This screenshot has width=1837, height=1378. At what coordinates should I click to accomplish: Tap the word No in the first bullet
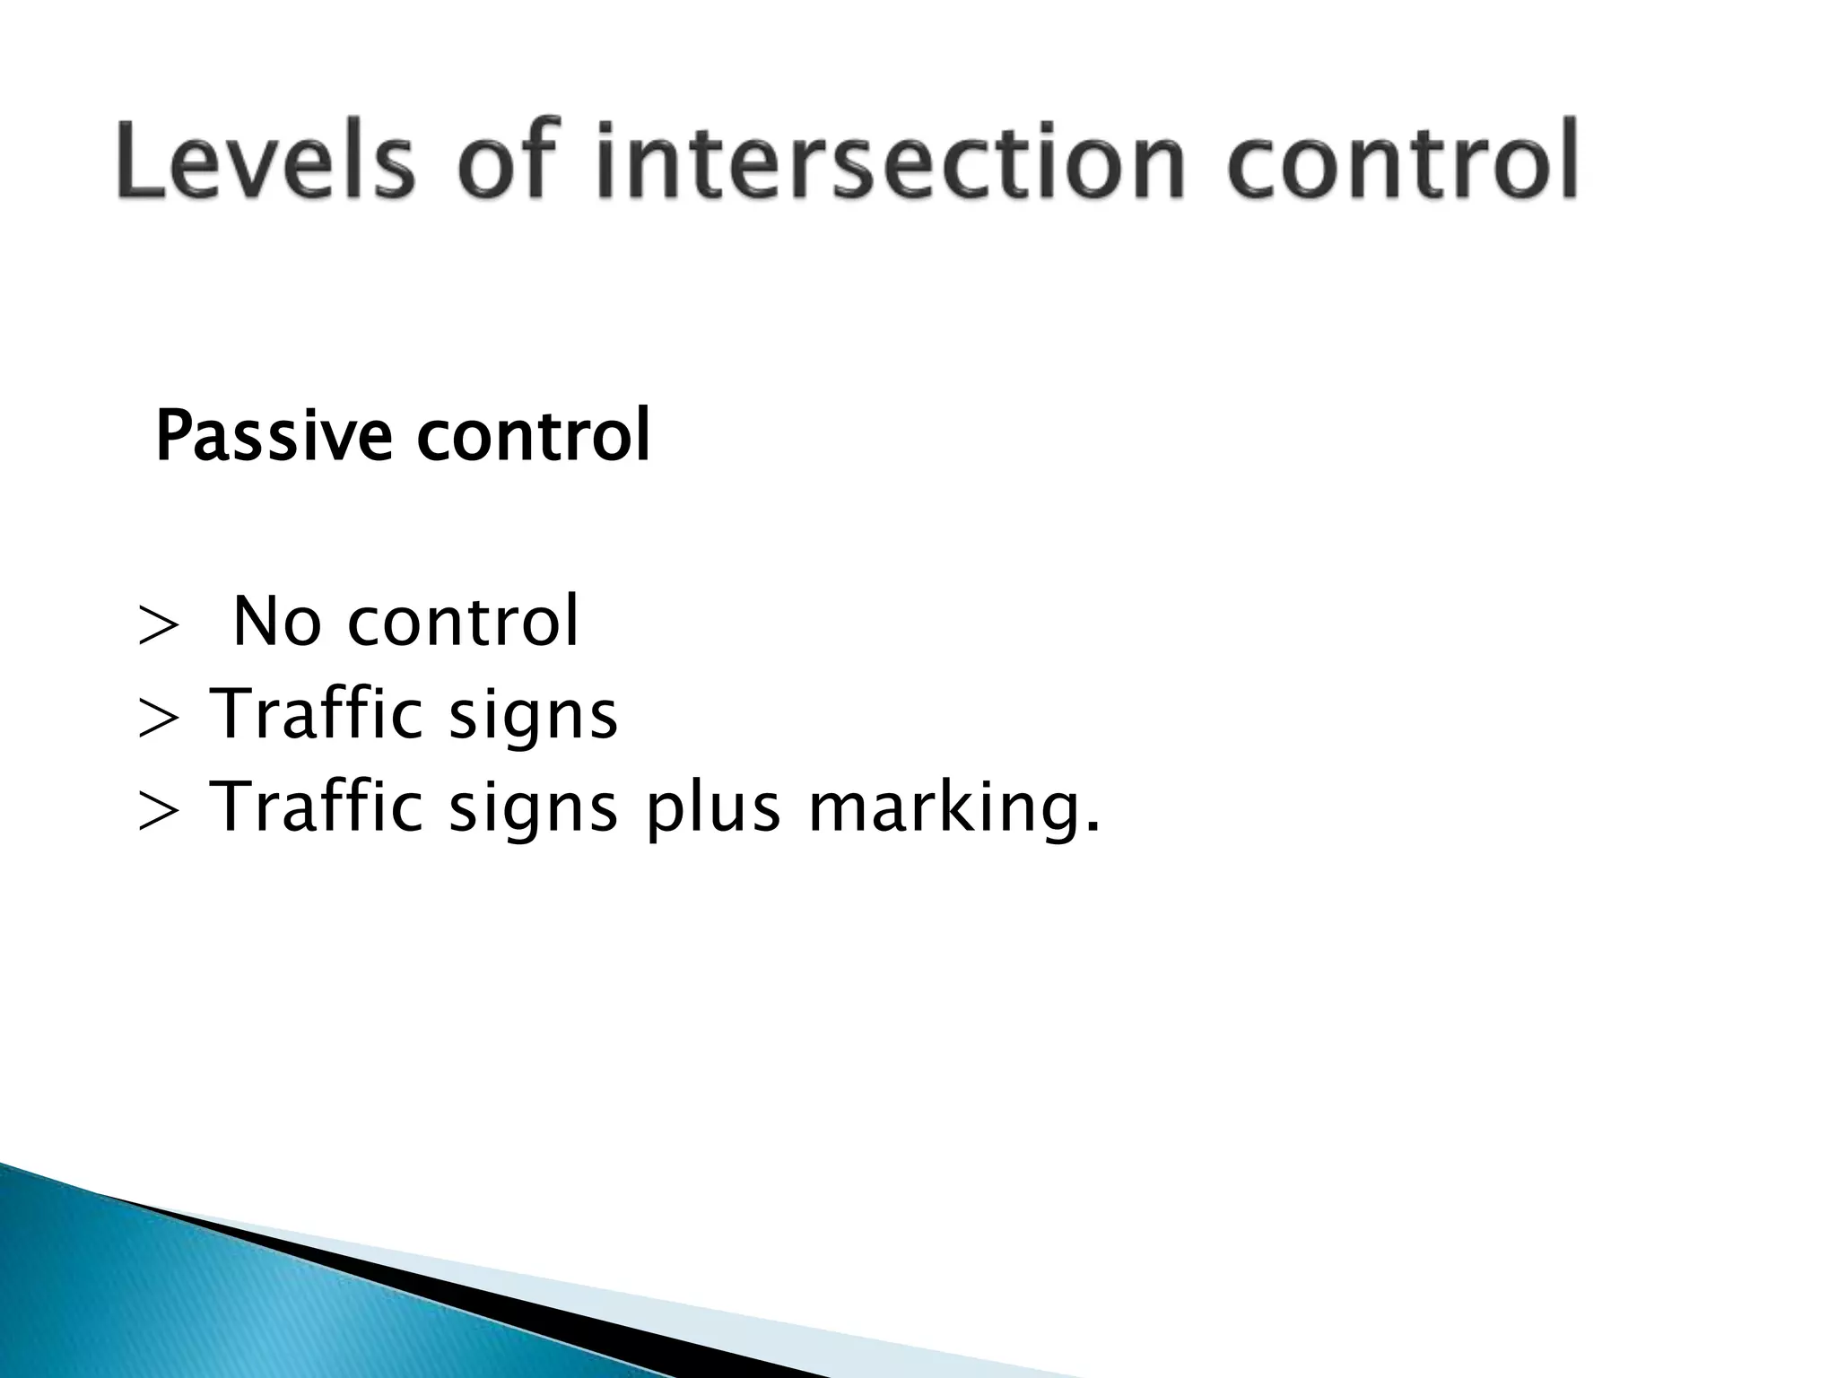pyautogui.click(x=276, y=622)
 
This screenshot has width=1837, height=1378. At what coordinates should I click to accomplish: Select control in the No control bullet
pyautogui.click(x=463, y=622)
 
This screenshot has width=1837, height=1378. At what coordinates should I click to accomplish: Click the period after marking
pyautogui.click(x=1092, y=830)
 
